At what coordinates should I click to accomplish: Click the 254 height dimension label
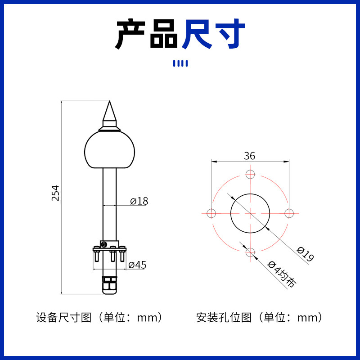click(x=55, y=193)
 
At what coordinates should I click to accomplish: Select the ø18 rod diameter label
click(x=139, y=201)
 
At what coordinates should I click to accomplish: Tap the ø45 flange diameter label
click(x=137, y=265)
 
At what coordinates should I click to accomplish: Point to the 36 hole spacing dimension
click(x=250, y=156)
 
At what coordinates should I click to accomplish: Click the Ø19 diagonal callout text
click(x=305, y=254)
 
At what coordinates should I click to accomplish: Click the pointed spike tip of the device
click(x=109, y=101)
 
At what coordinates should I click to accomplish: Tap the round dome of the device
click(x=109, y=150)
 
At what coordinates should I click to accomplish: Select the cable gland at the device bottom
click(x=110, y=285)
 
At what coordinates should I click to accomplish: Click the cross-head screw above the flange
click(x=104, y=244)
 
